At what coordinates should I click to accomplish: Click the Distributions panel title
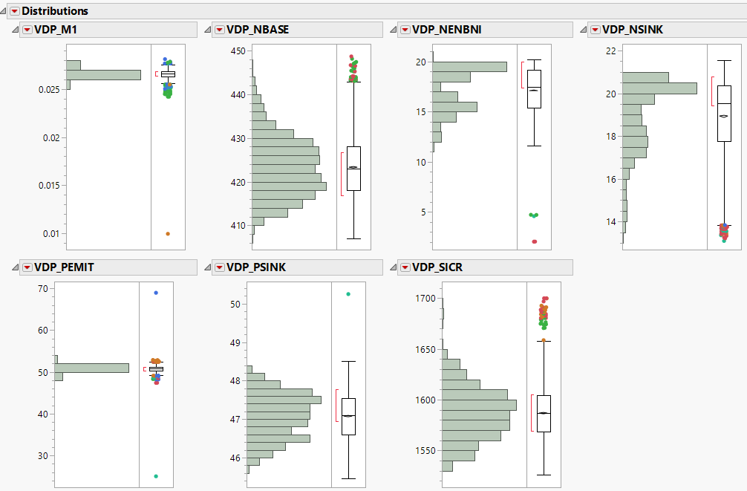coord(55,11)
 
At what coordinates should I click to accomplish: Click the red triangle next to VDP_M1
coord(27,30)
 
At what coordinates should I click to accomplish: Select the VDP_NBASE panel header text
coord(258,30)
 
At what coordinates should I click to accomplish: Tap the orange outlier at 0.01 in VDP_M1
coord(168,233)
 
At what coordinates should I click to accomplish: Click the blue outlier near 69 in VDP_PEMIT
coord(156,293)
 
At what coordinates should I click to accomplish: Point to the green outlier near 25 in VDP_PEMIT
coord(156,476)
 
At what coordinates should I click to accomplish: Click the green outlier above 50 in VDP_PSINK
coord(348,294)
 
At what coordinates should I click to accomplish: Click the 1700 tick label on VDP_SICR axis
coord(425,299)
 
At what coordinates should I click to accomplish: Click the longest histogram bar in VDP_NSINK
coord(659,88)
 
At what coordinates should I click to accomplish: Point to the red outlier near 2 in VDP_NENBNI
coord(534,241)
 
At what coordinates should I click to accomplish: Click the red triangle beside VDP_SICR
coord(405,267)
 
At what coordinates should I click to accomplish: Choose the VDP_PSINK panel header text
coord(256,267)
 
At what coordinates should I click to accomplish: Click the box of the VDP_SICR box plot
coord(544,414)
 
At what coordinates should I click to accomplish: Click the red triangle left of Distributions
coord(14,11)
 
